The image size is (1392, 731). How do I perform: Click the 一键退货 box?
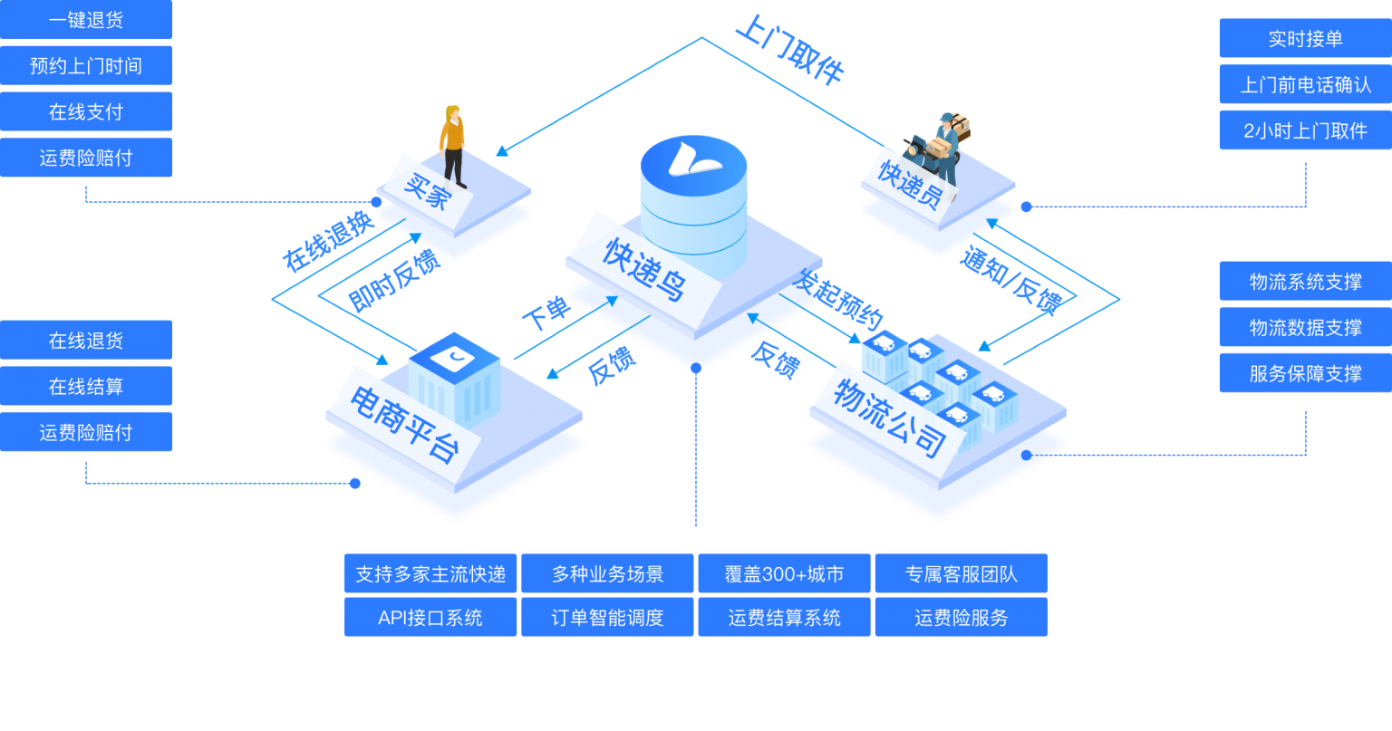(x=86, y=20)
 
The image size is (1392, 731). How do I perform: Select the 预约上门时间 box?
(x=86, y=65)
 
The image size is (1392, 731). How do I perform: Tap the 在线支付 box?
(x=86, y=111)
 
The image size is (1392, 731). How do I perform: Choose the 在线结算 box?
(x=86, y=387)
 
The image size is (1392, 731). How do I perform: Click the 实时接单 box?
(x=1305, y=39)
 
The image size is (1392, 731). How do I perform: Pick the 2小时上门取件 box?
(x=1305, y=130)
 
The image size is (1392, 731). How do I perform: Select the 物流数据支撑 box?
(x=1305, y=327)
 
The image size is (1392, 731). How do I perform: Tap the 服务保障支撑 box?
(x=1305, y=373)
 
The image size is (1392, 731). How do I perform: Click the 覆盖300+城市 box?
(x=784, y=573)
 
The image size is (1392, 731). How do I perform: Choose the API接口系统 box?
(x=430, y=617)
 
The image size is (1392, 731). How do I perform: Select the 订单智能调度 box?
(x=607, y=617)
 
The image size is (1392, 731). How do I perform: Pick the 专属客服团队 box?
(x=961, y=573)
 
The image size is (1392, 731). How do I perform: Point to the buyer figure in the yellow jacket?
(x=453, y=145)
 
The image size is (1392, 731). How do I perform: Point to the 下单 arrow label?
(x=546, y=314)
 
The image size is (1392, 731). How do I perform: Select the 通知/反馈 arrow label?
(x=1010, y=281)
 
